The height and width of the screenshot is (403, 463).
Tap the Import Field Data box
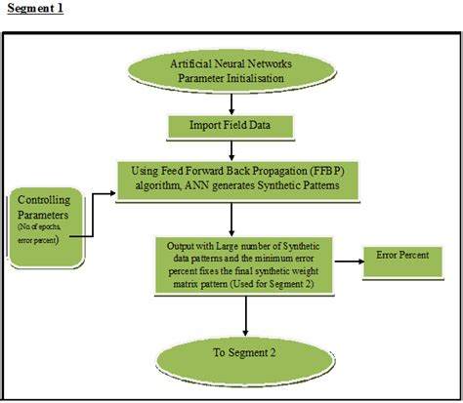click(231, 126)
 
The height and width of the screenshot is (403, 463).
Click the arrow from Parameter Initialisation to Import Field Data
click(231, 102)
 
